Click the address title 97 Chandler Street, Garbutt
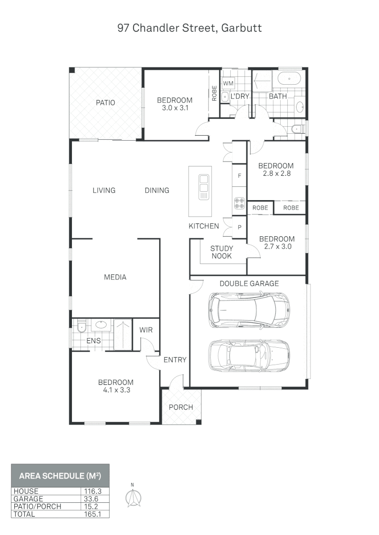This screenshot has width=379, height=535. click(189, 28)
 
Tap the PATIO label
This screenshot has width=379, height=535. click(105, 103)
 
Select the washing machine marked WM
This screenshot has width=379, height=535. click(228, 83)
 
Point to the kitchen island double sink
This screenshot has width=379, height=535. click(203, 187)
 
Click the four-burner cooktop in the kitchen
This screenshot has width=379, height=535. click(240, 203)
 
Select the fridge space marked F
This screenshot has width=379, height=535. click(240, 176)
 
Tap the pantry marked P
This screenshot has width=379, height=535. click(240, 227)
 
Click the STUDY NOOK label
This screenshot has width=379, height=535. click(221, 252)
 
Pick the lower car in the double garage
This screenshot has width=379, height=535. click(249, 355)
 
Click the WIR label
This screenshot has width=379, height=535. click(146, 330)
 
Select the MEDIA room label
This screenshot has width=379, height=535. click(115, 277)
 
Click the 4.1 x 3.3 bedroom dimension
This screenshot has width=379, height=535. click(116, 390)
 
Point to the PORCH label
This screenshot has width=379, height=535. click(181, 407)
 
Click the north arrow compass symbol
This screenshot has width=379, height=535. click(132, 497)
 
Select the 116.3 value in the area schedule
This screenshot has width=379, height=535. click(94, 491)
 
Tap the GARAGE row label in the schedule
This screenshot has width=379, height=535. click(28, 499)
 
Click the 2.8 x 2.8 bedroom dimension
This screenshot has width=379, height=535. click(276, 174)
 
